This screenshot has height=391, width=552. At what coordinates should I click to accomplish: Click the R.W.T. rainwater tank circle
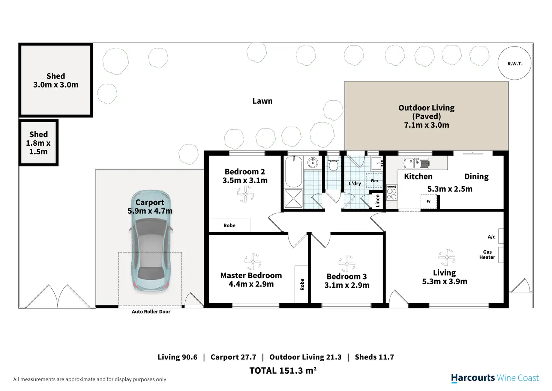(x=514, y=63)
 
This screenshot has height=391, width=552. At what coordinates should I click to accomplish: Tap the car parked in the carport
(x=151, y=241)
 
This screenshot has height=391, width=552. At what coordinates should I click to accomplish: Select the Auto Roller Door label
(x=151, y=312)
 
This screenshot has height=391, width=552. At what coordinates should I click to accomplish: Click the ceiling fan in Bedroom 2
(x=245, y=194)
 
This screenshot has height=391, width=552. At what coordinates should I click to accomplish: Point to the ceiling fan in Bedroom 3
(x=347, y=264)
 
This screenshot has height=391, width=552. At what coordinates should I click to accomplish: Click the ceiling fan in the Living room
(x=447, y=257)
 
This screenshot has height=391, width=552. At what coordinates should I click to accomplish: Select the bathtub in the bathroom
(x=294, y=172)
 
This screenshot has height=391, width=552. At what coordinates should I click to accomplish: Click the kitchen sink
(x=417, y=163)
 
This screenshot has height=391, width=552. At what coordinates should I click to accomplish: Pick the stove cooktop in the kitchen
(x=391, y=192)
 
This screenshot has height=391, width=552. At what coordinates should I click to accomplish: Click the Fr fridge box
(x=429, y=201)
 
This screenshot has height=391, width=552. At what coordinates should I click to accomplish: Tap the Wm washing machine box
(x=374, y=181)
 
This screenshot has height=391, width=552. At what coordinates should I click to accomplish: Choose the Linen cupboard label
(x=378, y=201)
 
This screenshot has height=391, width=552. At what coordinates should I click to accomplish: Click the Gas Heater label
(x=487, y=255)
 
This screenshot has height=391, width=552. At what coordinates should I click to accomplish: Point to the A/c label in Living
(x=491, y=237)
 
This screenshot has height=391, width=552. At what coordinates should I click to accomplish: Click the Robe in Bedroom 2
(x=229, y=225)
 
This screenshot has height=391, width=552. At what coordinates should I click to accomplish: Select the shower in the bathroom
(x=293, y=198)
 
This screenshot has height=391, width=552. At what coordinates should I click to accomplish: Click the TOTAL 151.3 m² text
(x=283, y=370)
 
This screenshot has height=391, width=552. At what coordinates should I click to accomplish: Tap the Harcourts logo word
(x=473, y=378)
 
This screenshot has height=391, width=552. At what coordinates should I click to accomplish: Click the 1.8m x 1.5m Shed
(x=39, y=143)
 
